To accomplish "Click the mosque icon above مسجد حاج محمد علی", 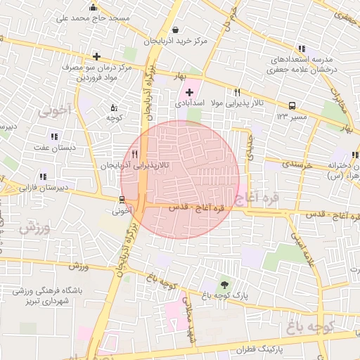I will click(x=93, y=6).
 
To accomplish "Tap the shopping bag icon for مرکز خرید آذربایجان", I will click(x=175, y=30).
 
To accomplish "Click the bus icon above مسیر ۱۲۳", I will click(x=292, y=105).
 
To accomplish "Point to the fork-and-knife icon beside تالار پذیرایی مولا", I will click(x=237, y=92).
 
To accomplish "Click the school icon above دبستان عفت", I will click(x=53, y=136).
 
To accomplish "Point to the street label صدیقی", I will click(x=250, y=146).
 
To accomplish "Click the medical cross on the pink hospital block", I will click(x=189, y=92).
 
